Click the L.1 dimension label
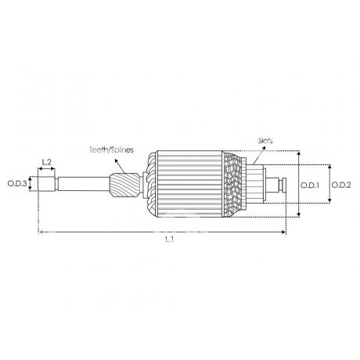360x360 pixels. pyautogui.click(x=170, y=239)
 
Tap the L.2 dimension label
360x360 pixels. pyautogui.click(x=47, y=162)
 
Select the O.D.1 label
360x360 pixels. pyautogui.click(x=310, y=185)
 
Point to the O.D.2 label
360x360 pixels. pyautogui.click(x=341, y=185)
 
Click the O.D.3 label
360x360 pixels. pyautogui.click(x=17, y=184)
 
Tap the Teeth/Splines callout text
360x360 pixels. pyautogui.click(x=111, y=149)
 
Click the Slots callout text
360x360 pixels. pyautogui.click(x=265, y=141)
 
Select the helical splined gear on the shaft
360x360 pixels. pyautogui.click(x=124, y=185)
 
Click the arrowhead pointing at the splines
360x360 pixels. pyautogui.click(x=116, y=161)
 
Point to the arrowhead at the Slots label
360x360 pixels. pyautogui.click(x=263, y=148)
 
